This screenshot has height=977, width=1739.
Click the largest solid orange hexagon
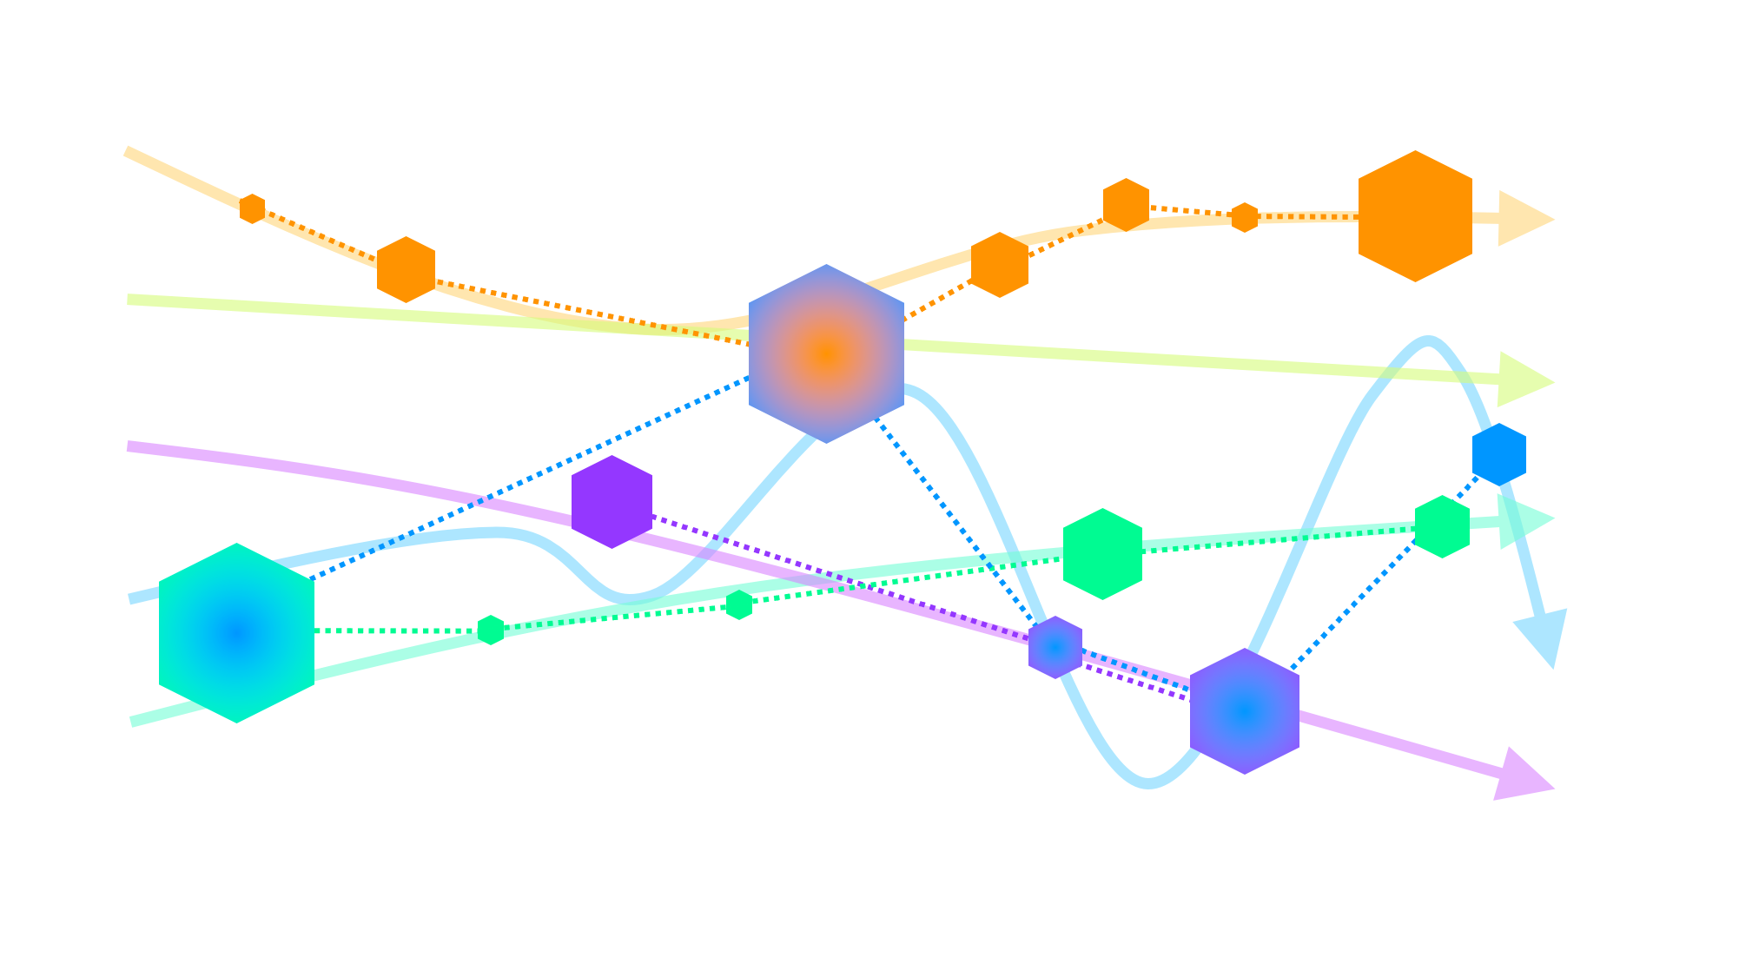pyautogui.click(x=1415, y=216)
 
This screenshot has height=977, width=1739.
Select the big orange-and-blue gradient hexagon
pyautogui.click(x=826, y=353)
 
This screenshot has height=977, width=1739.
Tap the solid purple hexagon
pyautogui.click(x=612, y=502)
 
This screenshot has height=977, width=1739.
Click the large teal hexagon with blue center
pyautogui.click(x=236, y=633)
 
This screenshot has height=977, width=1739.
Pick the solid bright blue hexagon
pyautogui.click(x=1499, y=454)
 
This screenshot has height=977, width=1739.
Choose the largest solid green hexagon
pyautogui.click(x=1102, y=554)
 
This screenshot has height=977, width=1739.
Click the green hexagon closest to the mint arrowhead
pyautogui.click(x=1442, y=526)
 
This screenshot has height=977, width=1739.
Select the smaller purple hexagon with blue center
pyautogui.click(x=1055, y=647)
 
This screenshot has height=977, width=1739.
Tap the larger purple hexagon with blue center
pyautogui.click(x=1244, y=711)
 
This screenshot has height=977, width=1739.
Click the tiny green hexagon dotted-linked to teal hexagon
pyautogui.click(x=491, y=630)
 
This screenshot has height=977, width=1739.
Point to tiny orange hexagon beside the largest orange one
pyautogui.click(x=1245, y=217)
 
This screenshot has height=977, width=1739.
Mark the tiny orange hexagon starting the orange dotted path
pyautogui.click(x=252, y=208)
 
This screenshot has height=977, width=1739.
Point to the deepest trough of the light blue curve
pyautogui.click(x=1148, y=782)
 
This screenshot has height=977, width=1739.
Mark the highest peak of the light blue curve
pyautogui.click(x=1427, y=341)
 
